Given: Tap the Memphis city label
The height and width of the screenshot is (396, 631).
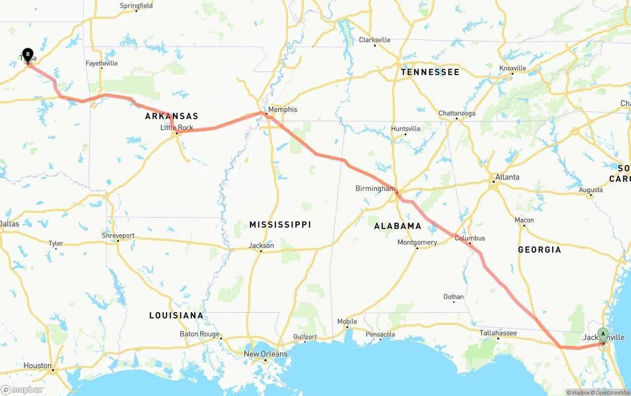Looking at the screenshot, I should coord(282,109).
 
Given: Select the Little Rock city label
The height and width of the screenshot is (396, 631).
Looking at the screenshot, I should coord(177,128).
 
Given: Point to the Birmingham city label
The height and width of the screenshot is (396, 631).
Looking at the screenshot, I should coord(375,188).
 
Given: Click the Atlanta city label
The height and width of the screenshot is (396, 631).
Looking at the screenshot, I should coord(507,177).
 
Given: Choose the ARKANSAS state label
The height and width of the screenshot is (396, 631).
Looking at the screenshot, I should coord(172,116).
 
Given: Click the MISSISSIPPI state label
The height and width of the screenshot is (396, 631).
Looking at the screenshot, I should coord(280,225).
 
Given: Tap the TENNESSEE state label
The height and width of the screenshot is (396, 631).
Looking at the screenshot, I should coord(430,72).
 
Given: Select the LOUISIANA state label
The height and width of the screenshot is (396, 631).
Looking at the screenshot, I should coord(176,315).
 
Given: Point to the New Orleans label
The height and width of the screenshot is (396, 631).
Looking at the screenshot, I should coord(266,354).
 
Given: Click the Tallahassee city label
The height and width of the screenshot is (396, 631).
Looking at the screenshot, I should coord(498,333).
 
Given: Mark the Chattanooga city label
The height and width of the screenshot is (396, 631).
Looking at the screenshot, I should coord(457,113).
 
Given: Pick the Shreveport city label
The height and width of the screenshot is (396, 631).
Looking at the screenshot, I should coord(118,236).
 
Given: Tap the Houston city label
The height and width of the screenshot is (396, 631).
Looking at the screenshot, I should coord(37,365).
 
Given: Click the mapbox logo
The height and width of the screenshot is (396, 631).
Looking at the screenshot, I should coord(22,390).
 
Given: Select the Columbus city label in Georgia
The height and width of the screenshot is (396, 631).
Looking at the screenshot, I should coord(470,238).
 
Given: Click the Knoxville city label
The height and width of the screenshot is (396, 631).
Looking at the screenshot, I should coord(513,68).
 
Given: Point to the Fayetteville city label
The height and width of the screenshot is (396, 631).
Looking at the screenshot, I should coord(102,63).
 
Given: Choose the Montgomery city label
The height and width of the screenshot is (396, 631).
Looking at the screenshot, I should coord(417,242).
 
